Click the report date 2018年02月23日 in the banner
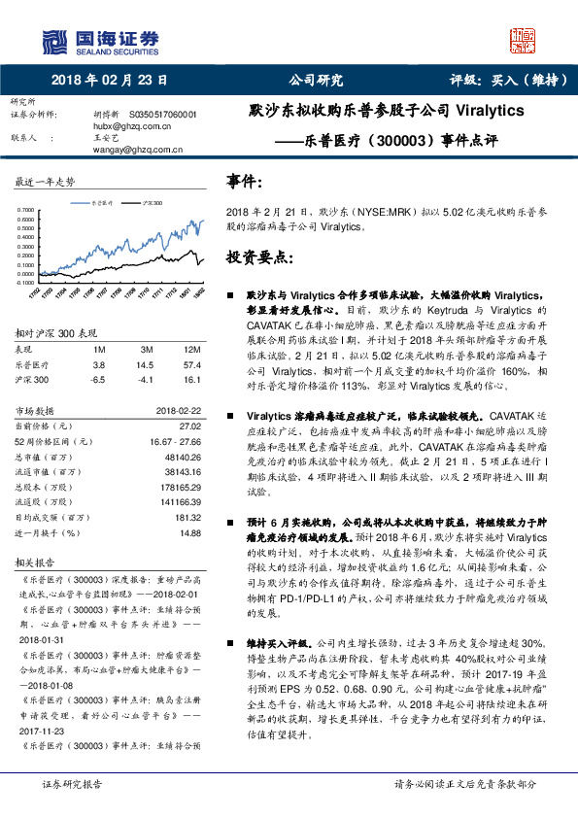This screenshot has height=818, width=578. pyautogui.click(x=110, y=81)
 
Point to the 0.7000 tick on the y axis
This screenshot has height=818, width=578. pyautogui.click(x=28, y=210)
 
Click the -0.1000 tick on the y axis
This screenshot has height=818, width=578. pyautogui.click(x=27, y=284)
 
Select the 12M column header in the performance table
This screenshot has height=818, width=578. pyautogui.click(x=191, y=349)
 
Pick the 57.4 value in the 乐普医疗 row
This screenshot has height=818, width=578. pyautogui.click(x=191, y=364)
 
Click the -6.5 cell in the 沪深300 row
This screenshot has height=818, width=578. pyautogui.click(x=97, y=380)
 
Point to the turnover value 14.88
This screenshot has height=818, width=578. pyautogui.click(x=190, y=533)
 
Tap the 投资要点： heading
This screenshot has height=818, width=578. pyautogui.click(x=258, y=258)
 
